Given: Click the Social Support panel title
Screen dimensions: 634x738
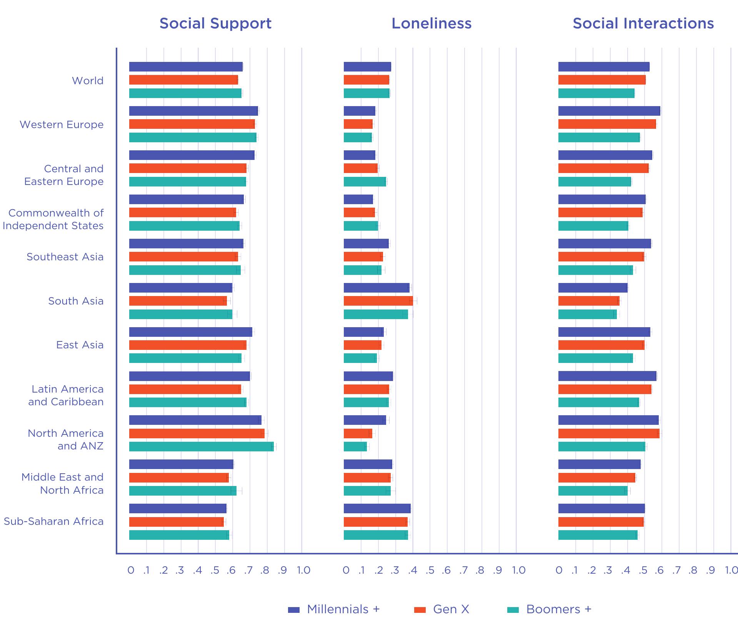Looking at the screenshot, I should (215, 23).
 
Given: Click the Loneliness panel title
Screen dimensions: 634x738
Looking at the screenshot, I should (431, 23).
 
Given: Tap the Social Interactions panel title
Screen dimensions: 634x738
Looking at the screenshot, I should (643, 23).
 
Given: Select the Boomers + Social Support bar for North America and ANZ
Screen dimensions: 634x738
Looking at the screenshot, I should (201, 446).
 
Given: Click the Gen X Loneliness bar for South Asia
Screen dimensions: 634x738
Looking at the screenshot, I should (378, 301).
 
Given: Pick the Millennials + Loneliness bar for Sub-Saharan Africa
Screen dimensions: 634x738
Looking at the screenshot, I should (377, 508).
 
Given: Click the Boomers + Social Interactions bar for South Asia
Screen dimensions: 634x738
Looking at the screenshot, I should (587, 314).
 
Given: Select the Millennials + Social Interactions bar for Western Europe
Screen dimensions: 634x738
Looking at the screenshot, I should (609, 111).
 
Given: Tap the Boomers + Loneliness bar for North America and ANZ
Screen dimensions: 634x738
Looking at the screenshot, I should (355, 446).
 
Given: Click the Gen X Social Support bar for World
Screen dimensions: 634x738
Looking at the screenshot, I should (183, 80).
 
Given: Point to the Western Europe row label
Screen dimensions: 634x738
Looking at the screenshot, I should (62, 125).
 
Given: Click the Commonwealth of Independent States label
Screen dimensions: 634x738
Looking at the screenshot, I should (53, 219).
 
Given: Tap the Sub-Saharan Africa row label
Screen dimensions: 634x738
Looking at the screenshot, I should (53, 521).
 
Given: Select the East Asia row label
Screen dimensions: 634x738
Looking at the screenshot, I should (80, 345).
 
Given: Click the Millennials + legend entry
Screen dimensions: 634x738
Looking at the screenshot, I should (334, 609).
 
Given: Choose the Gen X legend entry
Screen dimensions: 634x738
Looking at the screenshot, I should (441, 609).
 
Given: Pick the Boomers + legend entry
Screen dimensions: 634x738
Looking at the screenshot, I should (549, 609).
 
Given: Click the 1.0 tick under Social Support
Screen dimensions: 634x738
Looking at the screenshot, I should (303, 570).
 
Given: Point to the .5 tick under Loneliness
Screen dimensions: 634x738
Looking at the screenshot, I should (430, 570).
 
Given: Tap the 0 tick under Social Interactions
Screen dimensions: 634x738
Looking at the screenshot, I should (559, 570).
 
